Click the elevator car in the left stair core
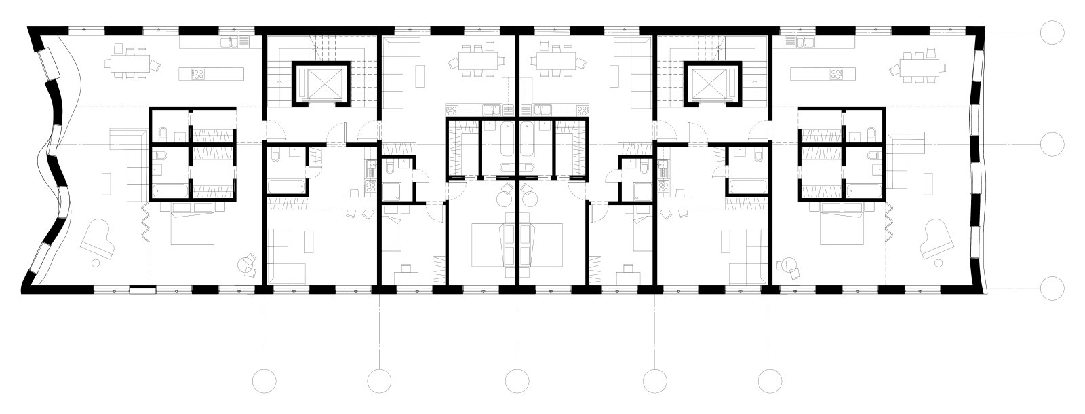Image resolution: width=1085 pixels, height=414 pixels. [321, 83]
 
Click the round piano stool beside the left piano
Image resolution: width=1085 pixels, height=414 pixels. [96, 261]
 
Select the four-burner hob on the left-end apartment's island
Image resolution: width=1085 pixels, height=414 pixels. [199, 74]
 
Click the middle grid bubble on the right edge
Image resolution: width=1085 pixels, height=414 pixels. [1052, 144]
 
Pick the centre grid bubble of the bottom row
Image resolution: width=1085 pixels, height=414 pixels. [517, 380]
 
